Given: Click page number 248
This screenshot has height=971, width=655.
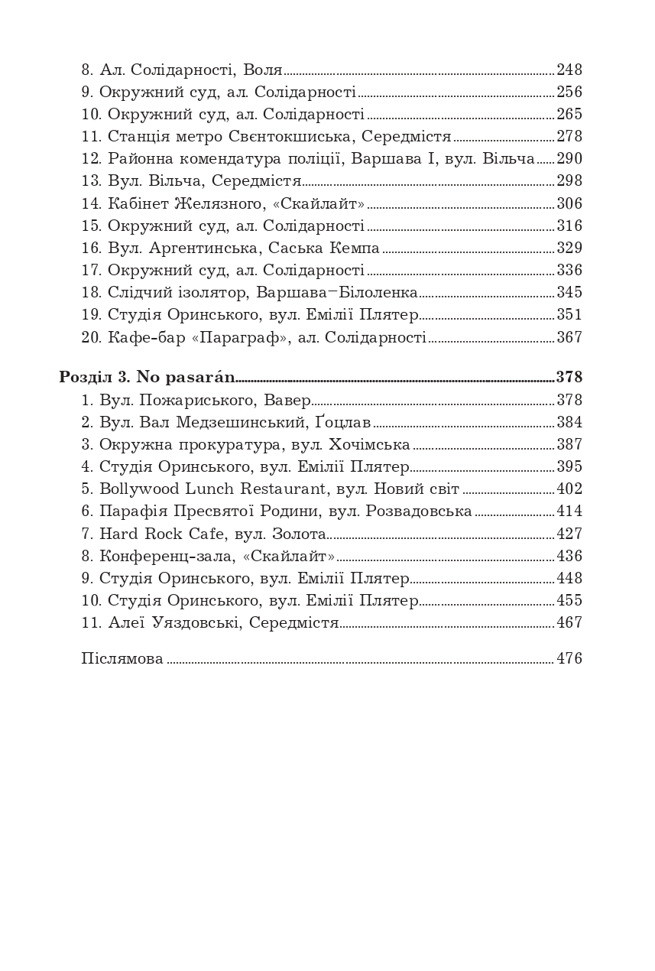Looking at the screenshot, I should coord(569,70).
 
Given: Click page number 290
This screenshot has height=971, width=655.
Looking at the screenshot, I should coord(569,159).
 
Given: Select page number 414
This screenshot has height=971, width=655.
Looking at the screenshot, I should coord(569,511).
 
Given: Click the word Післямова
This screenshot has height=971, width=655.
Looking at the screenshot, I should coord(122,659).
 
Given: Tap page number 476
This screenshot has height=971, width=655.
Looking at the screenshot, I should coord(569,659).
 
